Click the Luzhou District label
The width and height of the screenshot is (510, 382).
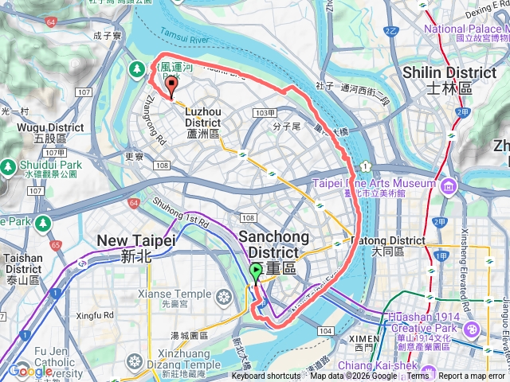coord(208,128)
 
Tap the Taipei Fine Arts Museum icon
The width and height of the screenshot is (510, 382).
coord(449,186)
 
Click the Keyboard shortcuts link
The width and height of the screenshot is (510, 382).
coord(267,376)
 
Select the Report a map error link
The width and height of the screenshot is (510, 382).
coord(473,376)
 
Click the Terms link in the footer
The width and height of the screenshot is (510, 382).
coord(417,376)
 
